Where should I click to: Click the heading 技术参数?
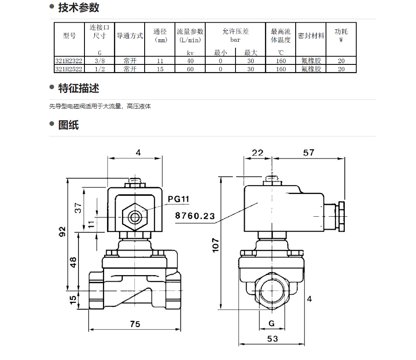[79, 7]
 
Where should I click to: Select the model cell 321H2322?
[69, 61]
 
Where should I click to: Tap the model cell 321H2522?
[69, 69]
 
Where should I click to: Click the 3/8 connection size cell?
[99, 61]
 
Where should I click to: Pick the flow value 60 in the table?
[190, 69]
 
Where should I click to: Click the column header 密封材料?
[311, 36]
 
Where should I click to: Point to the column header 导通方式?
[130, 36]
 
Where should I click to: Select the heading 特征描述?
[79, 88]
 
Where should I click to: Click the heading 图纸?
[68, 125]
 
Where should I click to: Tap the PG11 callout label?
[178, 199]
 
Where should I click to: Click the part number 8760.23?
[195, 216]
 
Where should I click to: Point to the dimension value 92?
[62, 232]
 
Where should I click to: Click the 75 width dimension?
[135, 324]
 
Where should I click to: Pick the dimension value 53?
[273, 339]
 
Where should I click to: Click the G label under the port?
[271, 323]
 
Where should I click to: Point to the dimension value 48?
[73, 261]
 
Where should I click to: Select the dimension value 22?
[258, 153]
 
